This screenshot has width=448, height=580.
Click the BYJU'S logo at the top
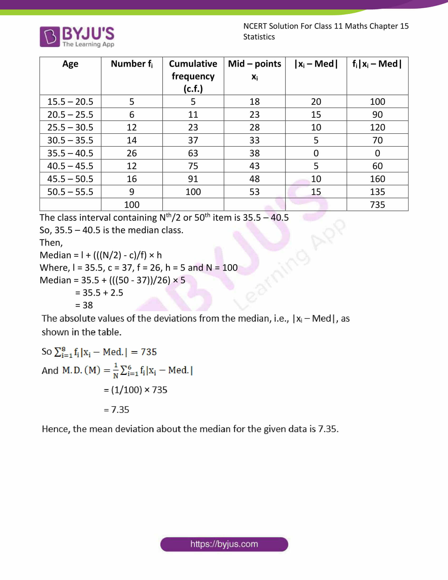[77, 37]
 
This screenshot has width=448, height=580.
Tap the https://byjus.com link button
[224, 544]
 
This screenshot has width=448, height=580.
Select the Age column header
[70, 64]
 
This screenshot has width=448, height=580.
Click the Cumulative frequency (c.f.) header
[193, 76]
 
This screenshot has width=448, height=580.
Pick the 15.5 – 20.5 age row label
[70, 102]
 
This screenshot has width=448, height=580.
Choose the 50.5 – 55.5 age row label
[70, 192]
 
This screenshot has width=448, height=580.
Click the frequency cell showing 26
[132, 153]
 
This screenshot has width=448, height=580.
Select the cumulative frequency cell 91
[193, 179]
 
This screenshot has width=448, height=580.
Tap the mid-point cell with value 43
[254, 166]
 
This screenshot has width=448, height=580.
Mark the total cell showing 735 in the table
[377, 205]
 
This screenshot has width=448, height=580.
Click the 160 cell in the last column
[377, 179]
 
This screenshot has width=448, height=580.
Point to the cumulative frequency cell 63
[193, 153]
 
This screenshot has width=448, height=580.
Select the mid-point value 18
[254, 102]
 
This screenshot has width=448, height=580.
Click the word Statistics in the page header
[259, 37]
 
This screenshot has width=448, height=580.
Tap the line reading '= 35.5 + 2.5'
[99, 293]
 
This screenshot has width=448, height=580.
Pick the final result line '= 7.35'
[116, 410]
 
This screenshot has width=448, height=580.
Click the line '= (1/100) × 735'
[135, 390]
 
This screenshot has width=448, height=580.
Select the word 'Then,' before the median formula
[51, 243]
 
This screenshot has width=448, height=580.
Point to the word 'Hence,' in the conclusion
[56, 429]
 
